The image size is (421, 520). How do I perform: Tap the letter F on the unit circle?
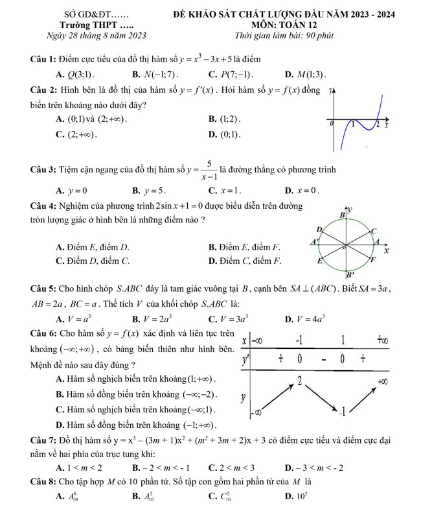point(372,260)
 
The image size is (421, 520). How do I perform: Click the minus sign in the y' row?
point(322,359)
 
